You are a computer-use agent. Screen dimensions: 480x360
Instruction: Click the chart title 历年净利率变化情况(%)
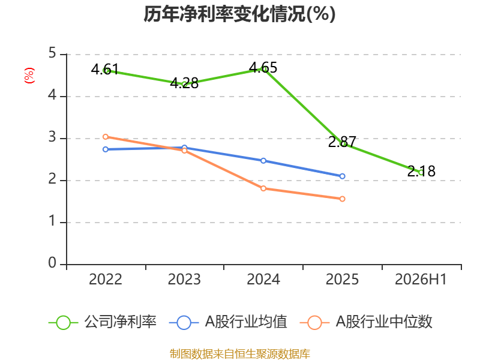pos(239,14)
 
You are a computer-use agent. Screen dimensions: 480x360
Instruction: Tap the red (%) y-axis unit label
pos(29,76)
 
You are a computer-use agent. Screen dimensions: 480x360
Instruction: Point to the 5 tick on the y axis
pos(52,53)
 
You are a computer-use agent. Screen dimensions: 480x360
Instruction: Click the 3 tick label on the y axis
pos(52,137)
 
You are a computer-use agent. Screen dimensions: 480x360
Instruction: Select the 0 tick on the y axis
pos(52,263)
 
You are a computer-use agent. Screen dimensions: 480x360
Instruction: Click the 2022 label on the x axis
pos(106,279)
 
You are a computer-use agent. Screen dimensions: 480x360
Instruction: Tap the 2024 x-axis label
pos(263,279)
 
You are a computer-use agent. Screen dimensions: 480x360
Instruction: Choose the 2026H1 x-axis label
pos(421,279)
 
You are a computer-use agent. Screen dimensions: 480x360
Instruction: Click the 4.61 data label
pos(104,69)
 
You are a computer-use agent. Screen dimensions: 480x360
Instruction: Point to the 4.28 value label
pos(184,83)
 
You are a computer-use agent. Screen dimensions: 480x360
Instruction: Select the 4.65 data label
pos(263,68)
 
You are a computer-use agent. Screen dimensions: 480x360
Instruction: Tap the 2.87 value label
pos(342,142)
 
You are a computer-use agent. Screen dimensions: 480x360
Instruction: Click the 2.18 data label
pos(421,171)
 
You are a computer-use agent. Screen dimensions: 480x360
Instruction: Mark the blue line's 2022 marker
pos(106,149)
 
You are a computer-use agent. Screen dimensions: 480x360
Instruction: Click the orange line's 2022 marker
pos(106,137)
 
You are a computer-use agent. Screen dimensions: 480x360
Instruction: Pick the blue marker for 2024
pos(263,161)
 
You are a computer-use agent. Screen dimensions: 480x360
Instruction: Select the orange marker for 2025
pos(342,199)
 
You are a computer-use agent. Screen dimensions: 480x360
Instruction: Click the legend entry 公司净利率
pos(103,322)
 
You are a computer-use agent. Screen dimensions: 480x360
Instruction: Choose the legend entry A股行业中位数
pos(366,322)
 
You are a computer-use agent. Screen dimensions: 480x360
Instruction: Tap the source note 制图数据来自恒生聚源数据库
pos(239,354)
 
